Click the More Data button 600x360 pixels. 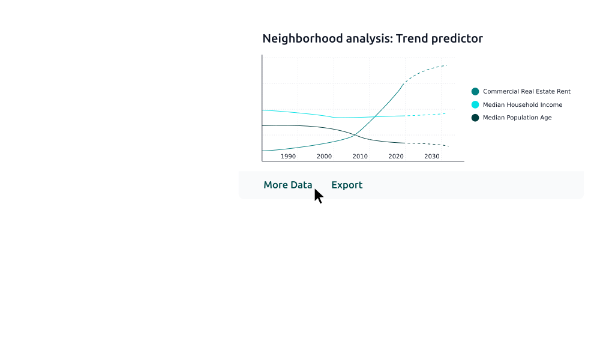point(288,185)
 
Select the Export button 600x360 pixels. point(347,185)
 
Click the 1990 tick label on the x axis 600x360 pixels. point(288,157)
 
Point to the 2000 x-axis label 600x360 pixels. point(324,157)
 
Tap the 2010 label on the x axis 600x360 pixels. point(360,157)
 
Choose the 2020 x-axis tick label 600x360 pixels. point(396,157)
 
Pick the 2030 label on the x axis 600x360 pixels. point(432,157)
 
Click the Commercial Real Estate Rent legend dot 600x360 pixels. point(475,91)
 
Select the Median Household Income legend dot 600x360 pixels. point(475,104)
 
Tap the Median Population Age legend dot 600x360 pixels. point(475,118)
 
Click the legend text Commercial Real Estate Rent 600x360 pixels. point(527,91)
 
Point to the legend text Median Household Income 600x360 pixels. point(523,105)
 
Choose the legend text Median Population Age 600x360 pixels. point(517,118)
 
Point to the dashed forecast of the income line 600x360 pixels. point(425,115)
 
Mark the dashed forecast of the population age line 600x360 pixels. point(427,144)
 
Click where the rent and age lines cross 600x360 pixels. point(355,134)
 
